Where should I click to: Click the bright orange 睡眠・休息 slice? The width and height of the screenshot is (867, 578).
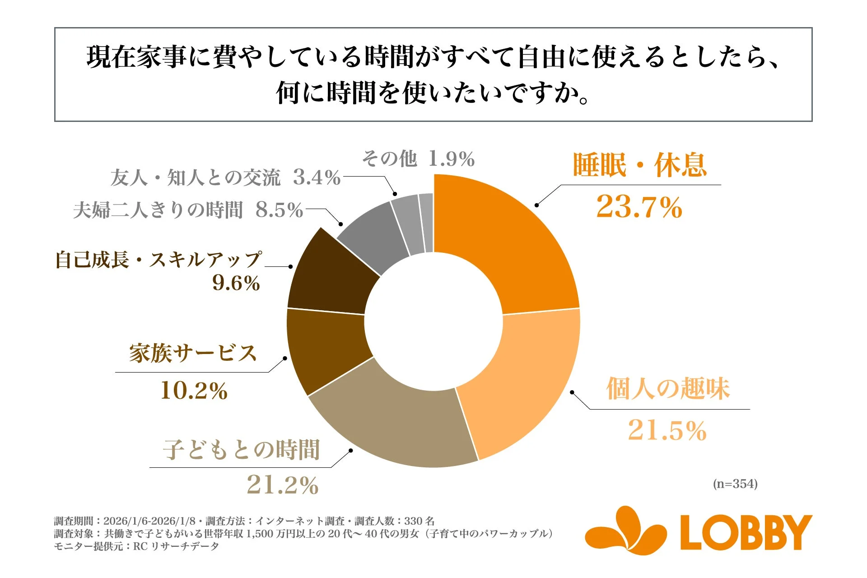tap(506, 244)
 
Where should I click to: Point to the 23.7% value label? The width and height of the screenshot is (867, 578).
tap(639, 208)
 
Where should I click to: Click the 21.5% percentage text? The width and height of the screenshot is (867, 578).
tap(667, 430)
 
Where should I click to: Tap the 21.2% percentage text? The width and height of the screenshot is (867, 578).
tap(283, 485)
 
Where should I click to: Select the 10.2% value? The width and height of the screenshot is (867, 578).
tap(194, 391)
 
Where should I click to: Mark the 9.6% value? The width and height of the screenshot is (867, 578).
tap(236, 284)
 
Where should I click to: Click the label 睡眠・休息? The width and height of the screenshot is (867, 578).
tap(640, 165)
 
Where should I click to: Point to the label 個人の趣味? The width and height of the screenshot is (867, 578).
tap(668, 388)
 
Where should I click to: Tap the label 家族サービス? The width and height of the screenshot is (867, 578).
tap(193, 353)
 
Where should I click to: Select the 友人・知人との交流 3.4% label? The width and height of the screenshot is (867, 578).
tap(225, 177)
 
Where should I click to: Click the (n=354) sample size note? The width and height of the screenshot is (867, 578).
tap(735, 484)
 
